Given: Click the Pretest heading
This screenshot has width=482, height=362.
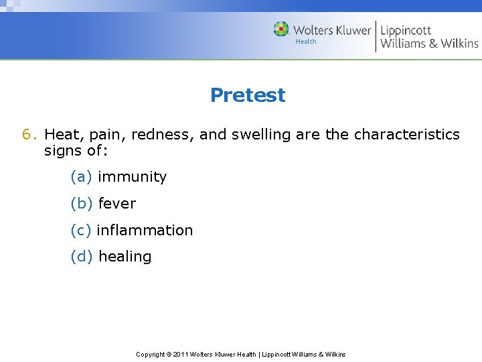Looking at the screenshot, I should click(x=247, y=95).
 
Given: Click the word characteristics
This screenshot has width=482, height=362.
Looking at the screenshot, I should click(x=406, y=135).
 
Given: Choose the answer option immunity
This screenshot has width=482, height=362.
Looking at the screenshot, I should click(x=132, y=177).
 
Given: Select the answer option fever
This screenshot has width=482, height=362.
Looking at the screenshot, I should click(x=116, y=203).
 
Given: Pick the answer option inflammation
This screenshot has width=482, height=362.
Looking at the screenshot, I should click(x=145, y=230).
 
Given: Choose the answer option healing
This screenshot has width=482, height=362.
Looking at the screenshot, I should click(x=125, y=257).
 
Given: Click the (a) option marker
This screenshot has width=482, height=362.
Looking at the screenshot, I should click(x=81, y=177).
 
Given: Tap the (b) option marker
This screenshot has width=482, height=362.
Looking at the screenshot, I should click(x=81, y=203).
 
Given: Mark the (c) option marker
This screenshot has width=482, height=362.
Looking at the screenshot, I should click(x=80, y=230).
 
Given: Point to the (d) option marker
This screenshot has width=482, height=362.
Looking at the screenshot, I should click(x=81, y=257).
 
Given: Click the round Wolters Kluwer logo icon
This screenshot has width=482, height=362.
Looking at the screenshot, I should click(x=281, y=29).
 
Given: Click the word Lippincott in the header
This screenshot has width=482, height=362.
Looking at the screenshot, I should click(x=406, y=30).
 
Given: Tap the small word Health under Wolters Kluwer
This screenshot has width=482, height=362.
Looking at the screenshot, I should click(x=305, y=42).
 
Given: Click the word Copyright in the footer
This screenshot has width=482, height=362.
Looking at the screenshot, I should click(x=151, y=354).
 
